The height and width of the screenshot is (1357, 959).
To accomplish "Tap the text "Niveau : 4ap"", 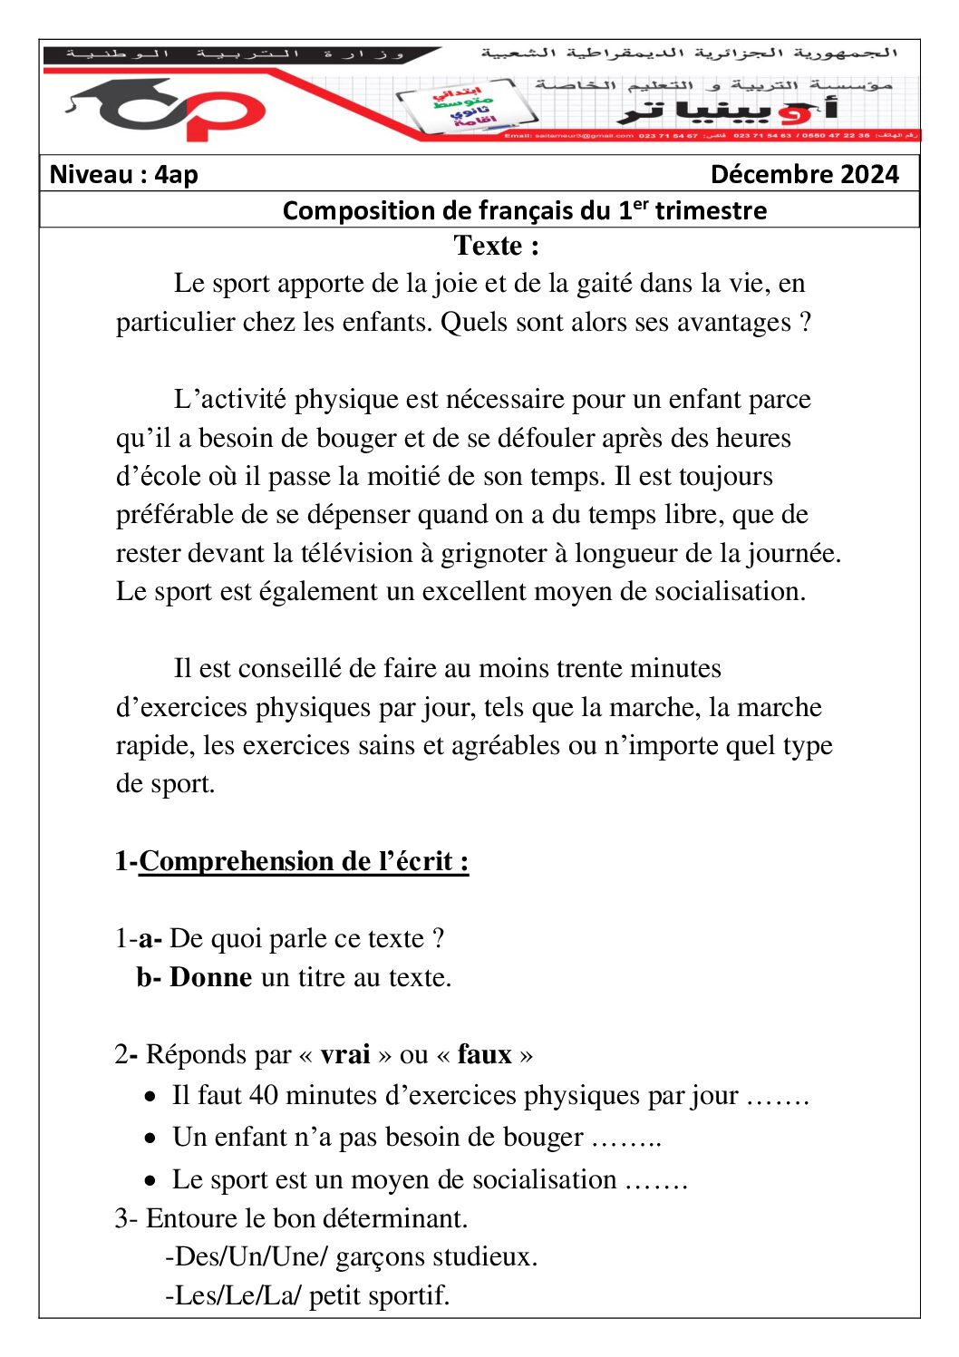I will point(123,174).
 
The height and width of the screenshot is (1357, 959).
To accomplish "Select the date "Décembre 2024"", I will point(804,174).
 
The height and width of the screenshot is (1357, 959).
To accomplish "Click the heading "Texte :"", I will point(496,246).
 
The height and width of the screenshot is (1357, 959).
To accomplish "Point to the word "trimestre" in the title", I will point(711,211).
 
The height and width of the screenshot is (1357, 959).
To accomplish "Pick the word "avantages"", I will point(734,323).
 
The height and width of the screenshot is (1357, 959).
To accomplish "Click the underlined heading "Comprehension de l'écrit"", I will point(303,861).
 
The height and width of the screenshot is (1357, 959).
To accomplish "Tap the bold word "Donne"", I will point(210,977).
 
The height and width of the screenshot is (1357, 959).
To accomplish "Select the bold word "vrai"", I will point(345,1055).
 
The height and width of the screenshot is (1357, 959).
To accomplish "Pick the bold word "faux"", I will point(485,1055).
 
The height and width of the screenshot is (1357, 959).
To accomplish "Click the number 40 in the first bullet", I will point(264,1096).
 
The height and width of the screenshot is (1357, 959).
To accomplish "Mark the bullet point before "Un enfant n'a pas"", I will point(150,1139).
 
